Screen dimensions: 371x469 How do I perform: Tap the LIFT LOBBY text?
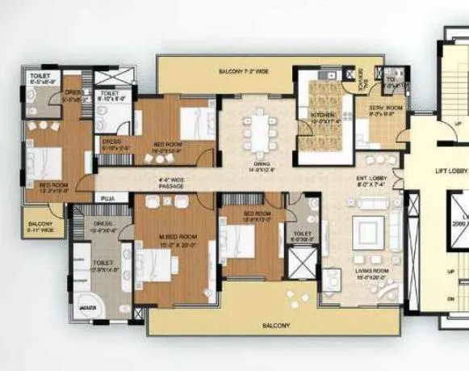451,171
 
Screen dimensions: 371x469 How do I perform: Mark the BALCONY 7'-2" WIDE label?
243,72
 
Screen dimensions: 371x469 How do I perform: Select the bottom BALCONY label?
276,326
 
